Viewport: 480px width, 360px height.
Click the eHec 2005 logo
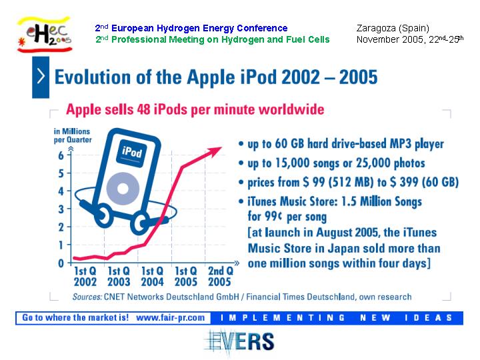coord(45,34)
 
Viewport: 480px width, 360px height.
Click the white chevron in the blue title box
coord(41,76)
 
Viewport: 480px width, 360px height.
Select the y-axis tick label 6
coord(61,155)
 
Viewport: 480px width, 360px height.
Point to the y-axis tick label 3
coord(61,209)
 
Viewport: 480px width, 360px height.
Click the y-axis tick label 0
coord(61,263)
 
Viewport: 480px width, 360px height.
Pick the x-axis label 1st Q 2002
coord(85,277)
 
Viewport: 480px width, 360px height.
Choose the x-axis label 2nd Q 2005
coord(220,277)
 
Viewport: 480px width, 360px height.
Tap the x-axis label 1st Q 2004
coord(153,277)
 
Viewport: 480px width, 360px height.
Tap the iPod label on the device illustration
coord(132,152)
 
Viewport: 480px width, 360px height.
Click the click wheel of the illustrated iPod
coord(123,189)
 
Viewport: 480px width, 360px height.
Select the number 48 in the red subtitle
coord(143,109)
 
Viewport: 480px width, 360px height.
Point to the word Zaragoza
coord(375,29)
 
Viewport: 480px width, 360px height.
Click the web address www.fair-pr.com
coord(170,318)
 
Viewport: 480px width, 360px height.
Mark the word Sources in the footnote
coord(87,297)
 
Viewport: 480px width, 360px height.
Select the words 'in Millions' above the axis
coord(72,131)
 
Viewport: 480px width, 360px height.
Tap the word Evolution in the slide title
coord(93,77)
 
